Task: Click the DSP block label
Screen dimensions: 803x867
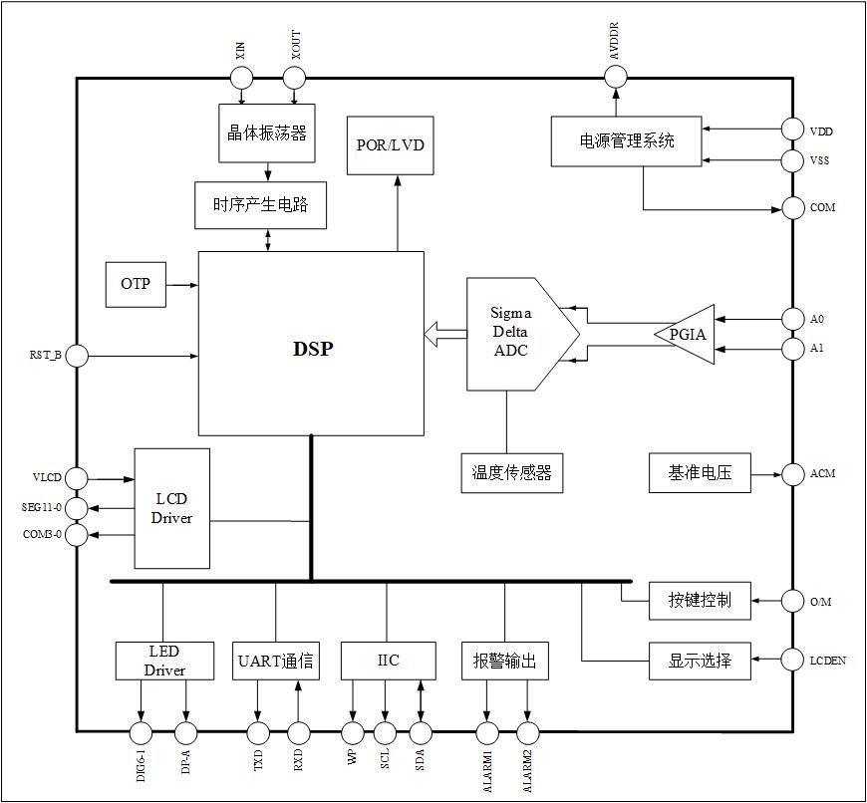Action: [312, 349]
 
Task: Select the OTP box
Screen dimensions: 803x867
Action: [136, 285]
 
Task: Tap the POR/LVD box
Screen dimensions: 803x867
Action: [390, 144]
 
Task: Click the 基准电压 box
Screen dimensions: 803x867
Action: [700, 473]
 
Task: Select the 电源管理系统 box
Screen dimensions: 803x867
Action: [627, 141]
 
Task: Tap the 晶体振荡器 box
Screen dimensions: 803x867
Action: [267, 134]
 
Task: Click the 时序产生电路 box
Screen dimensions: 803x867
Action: [261, 205]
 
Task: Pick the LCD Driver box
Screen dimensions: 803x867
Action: [171, 508]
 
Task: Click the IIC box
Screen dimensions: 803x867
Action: [388, 661]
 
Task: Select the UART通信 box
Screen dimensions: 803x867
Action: [276, 661]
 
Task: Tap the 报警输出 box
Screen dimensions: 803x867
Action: [505, 661]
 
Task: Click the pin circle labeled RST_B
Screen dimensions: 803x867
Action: [77, 355]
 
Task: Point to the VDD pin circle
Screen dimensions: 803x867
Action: [792, 130]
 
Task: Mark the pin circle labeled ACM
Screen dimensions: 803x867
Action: [792, 474]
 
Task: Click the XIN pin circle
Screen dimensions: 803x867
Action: [242, 78]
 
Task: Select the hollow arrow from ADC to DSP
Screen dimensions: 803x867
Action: [444, 335]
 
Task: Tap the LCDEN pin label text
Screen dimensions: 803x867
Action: [827, 661]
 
